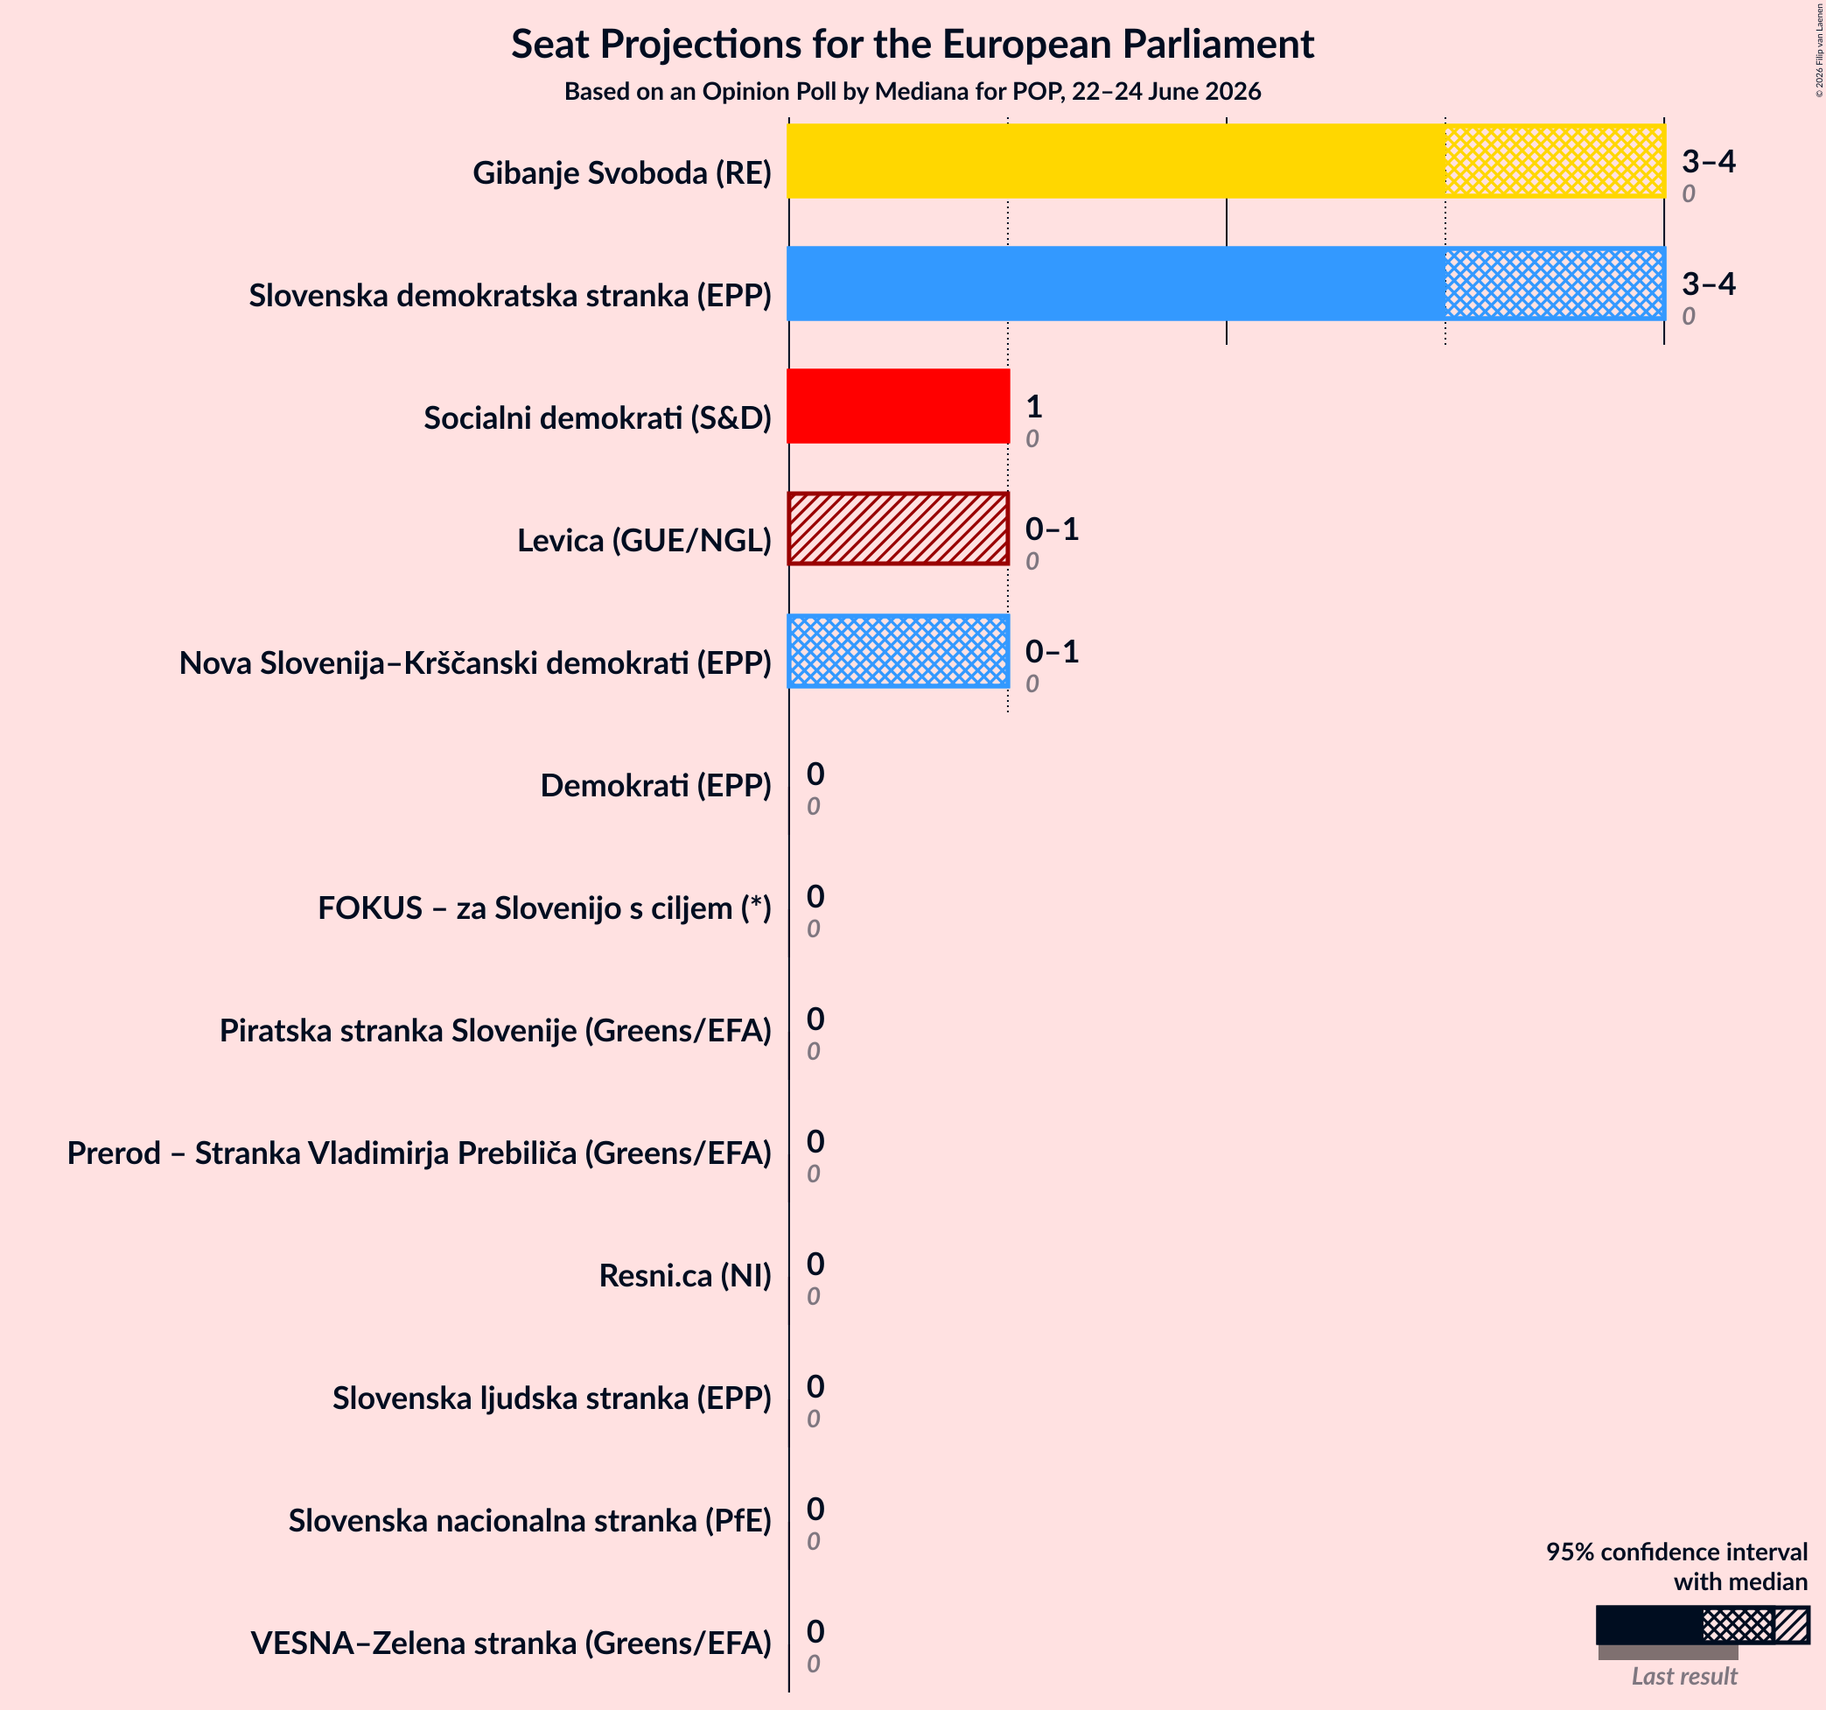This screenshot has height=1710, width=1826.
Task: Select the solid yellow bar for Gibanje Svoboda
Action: [1116, 161]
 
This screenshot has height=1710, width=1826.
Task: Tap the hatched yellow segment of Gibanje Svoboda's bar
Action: [1555, 161]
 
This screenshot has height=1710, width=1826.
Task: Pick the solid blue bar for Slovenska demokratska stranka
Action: [1116, 283]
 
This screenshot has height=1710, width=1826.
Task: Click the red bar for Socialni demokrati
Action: [899, 406]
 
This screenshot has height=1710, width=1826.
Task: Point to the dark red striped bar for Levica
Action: [899, 529]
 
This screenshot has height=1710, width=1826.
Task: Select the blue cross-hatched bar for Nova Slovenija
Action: [899, 650]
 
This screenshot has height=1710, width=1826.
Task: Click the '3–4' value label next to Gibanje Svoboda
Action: [1709, 161]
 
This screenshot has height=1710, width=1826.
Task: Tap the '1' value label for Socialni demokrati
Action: [1034, 406]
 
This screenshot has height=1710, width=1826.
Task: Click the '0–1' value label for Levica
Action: [1052, 529]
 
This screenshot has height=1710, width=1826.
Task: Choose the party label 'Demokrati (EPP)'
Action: [656, 786]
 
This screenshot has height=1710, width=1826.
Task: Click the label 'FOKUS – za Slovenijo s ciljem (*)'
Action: [545, 908]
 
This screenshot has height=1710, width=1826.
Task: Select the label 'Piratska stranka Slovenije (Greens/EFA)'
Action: [495, 1030]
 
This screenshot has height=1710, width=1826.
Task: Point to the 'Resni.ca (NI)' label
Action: [685, 1275]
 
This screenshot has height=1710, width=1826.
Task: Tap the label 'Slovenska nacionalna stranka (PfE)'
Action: [530, 1521]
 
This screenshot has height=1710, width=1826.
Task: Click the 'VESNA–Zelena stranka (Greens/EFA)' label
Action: [511, 1643]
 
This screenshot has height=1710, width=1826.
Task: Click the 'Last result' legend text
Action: [1684, 1677]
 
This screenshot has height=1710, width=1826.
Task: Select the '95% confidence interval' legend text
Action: [1676, 1552]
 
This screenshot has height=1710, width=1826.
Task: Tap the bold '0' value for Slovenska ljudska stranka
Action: [815, 1385]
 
